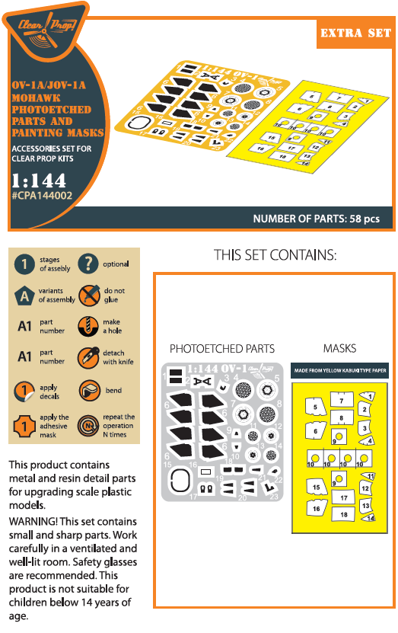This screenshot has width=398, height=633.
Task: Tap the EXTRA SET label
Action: (x=354, y=34)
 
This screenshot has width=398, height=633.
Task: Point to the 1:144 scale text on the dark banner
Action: (x=39, y=181)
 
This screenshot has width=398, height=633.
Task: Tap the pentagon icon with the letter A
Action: (x=24, y=296)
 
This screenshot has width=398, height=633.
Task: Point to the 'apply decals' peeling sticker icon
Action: (x=24, y=392)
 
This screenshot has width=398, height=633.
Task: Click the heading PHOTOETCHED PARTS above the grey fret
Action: (x=221, y=349)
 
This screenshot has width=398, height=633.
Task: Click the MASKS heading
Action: (x=339, y=349)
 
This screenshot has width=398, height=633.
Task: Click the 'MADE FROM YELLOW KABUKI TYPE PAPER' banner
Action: (x=339, y=372)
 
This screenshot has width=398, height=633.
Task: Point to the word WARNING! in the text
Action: (x=33, y=521)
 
